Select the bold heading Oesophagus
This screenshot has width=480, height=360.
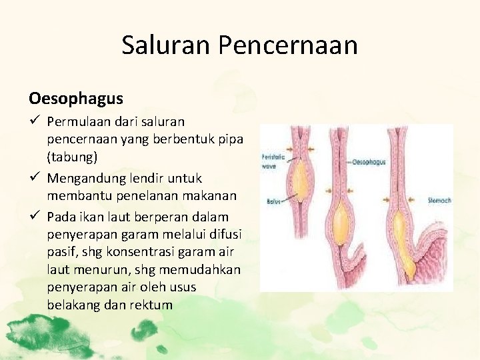click(75, 99)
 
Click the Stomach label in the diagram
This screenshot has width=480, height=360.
click(441, 200)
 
